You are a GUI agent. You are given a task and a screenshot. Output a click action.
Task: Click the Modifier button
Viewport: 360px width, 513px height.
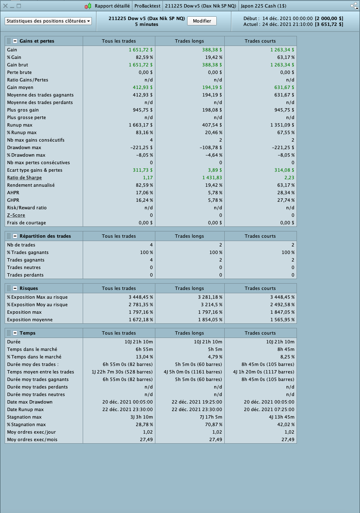[202, 21]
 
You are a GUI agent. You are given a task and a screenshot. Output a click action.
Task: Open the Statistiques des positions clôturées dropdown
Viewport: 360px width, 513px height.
[48, 21]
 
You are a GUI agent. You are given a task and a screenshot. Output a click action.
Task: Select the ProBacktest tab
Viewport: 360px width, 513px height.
[147, 6]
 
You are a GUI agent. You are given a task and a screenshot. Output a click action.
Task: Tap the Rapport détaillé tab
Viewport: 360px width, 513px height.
[112, 6]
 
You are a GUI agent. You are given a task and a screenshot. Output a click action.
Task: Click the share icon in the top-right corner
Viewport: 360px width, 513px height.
[354, 6]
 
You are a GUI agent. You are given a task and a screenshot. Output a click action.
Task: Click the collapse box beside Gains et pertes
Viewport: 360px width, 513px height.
[15, 41]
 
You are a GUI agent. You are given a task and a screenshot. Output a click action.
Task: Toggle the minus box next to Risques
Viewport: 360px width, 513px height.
[15, 288]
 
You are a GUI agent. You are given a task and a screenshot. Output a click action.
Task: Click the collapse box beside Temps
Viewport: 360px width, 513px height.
[15, 333]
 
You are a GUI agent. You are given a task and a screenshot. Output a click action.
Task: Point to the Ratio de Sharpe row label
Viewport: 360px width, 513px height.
[24, 178]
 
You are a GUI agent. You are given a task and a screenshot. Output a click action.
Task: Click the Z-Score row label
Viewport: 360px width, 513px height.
[16, 215]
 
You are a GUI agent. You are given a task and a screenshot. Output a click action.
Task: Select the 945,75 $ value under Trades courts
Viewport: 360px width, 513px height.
[285, 110]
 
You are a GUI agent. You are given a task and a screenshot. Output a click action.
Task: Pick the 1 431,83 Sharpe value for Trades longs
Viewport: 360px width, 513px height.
[209, 178]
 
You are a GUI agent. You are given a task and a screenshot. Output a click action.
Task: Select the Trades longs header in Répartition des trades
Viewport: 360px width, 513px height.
[190, 236]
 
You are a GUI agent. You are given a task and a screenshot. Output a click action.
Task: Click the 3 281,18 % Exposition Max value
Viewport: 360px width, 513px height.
[210, 297]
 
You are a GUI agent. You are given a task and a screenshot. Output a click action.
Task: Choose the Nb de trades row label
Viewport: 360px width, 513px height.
[21, 245]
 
